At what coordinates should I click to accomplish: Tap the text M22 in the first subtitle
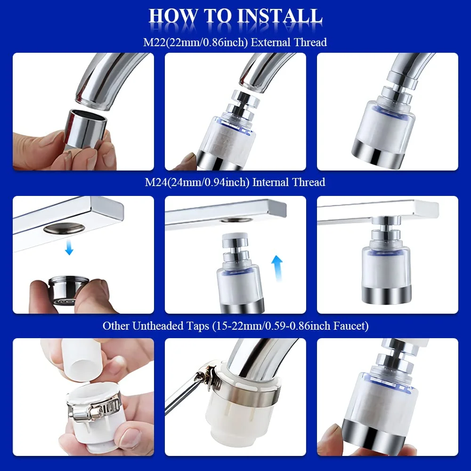tap(154, 42)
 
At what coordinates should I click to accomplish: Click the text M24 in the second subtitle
tap(156, 182)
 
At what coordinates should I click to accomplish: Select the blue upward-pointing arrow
tap(277, 268)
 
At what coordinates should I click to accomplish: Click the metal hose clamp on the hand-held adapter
tap(89, 407)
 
